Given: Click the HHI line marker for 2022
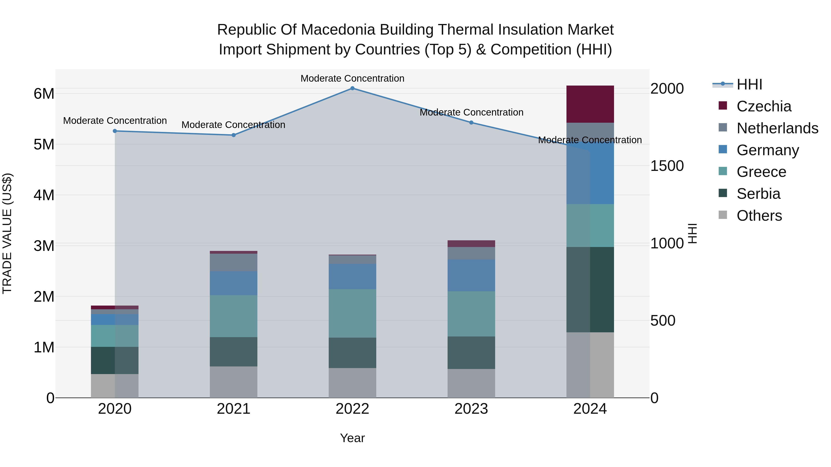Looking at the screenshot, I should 352,88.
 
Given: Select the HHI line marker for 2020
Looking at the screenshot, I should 115,131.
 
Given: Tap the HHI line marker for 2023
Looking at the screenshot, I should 471,122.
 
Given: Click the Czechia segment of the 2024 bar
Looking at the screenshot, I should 590,104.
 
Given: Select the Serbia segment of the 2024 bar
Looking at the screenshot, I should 590,289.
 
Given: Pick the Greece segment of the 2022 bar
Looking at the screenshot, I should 352,313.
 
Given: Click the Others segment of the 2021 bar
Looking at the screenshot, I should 234,382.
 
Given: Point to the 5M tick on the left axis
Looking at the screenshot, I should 44,144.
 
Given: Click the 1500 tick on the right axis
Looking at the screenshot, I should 666,166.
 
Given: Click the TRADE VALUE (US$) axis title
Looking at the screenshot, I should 7,233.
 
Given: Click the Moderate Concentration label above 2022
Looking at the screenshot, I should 352,78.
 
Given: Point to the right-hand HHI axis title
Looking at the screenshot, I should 692,233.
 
